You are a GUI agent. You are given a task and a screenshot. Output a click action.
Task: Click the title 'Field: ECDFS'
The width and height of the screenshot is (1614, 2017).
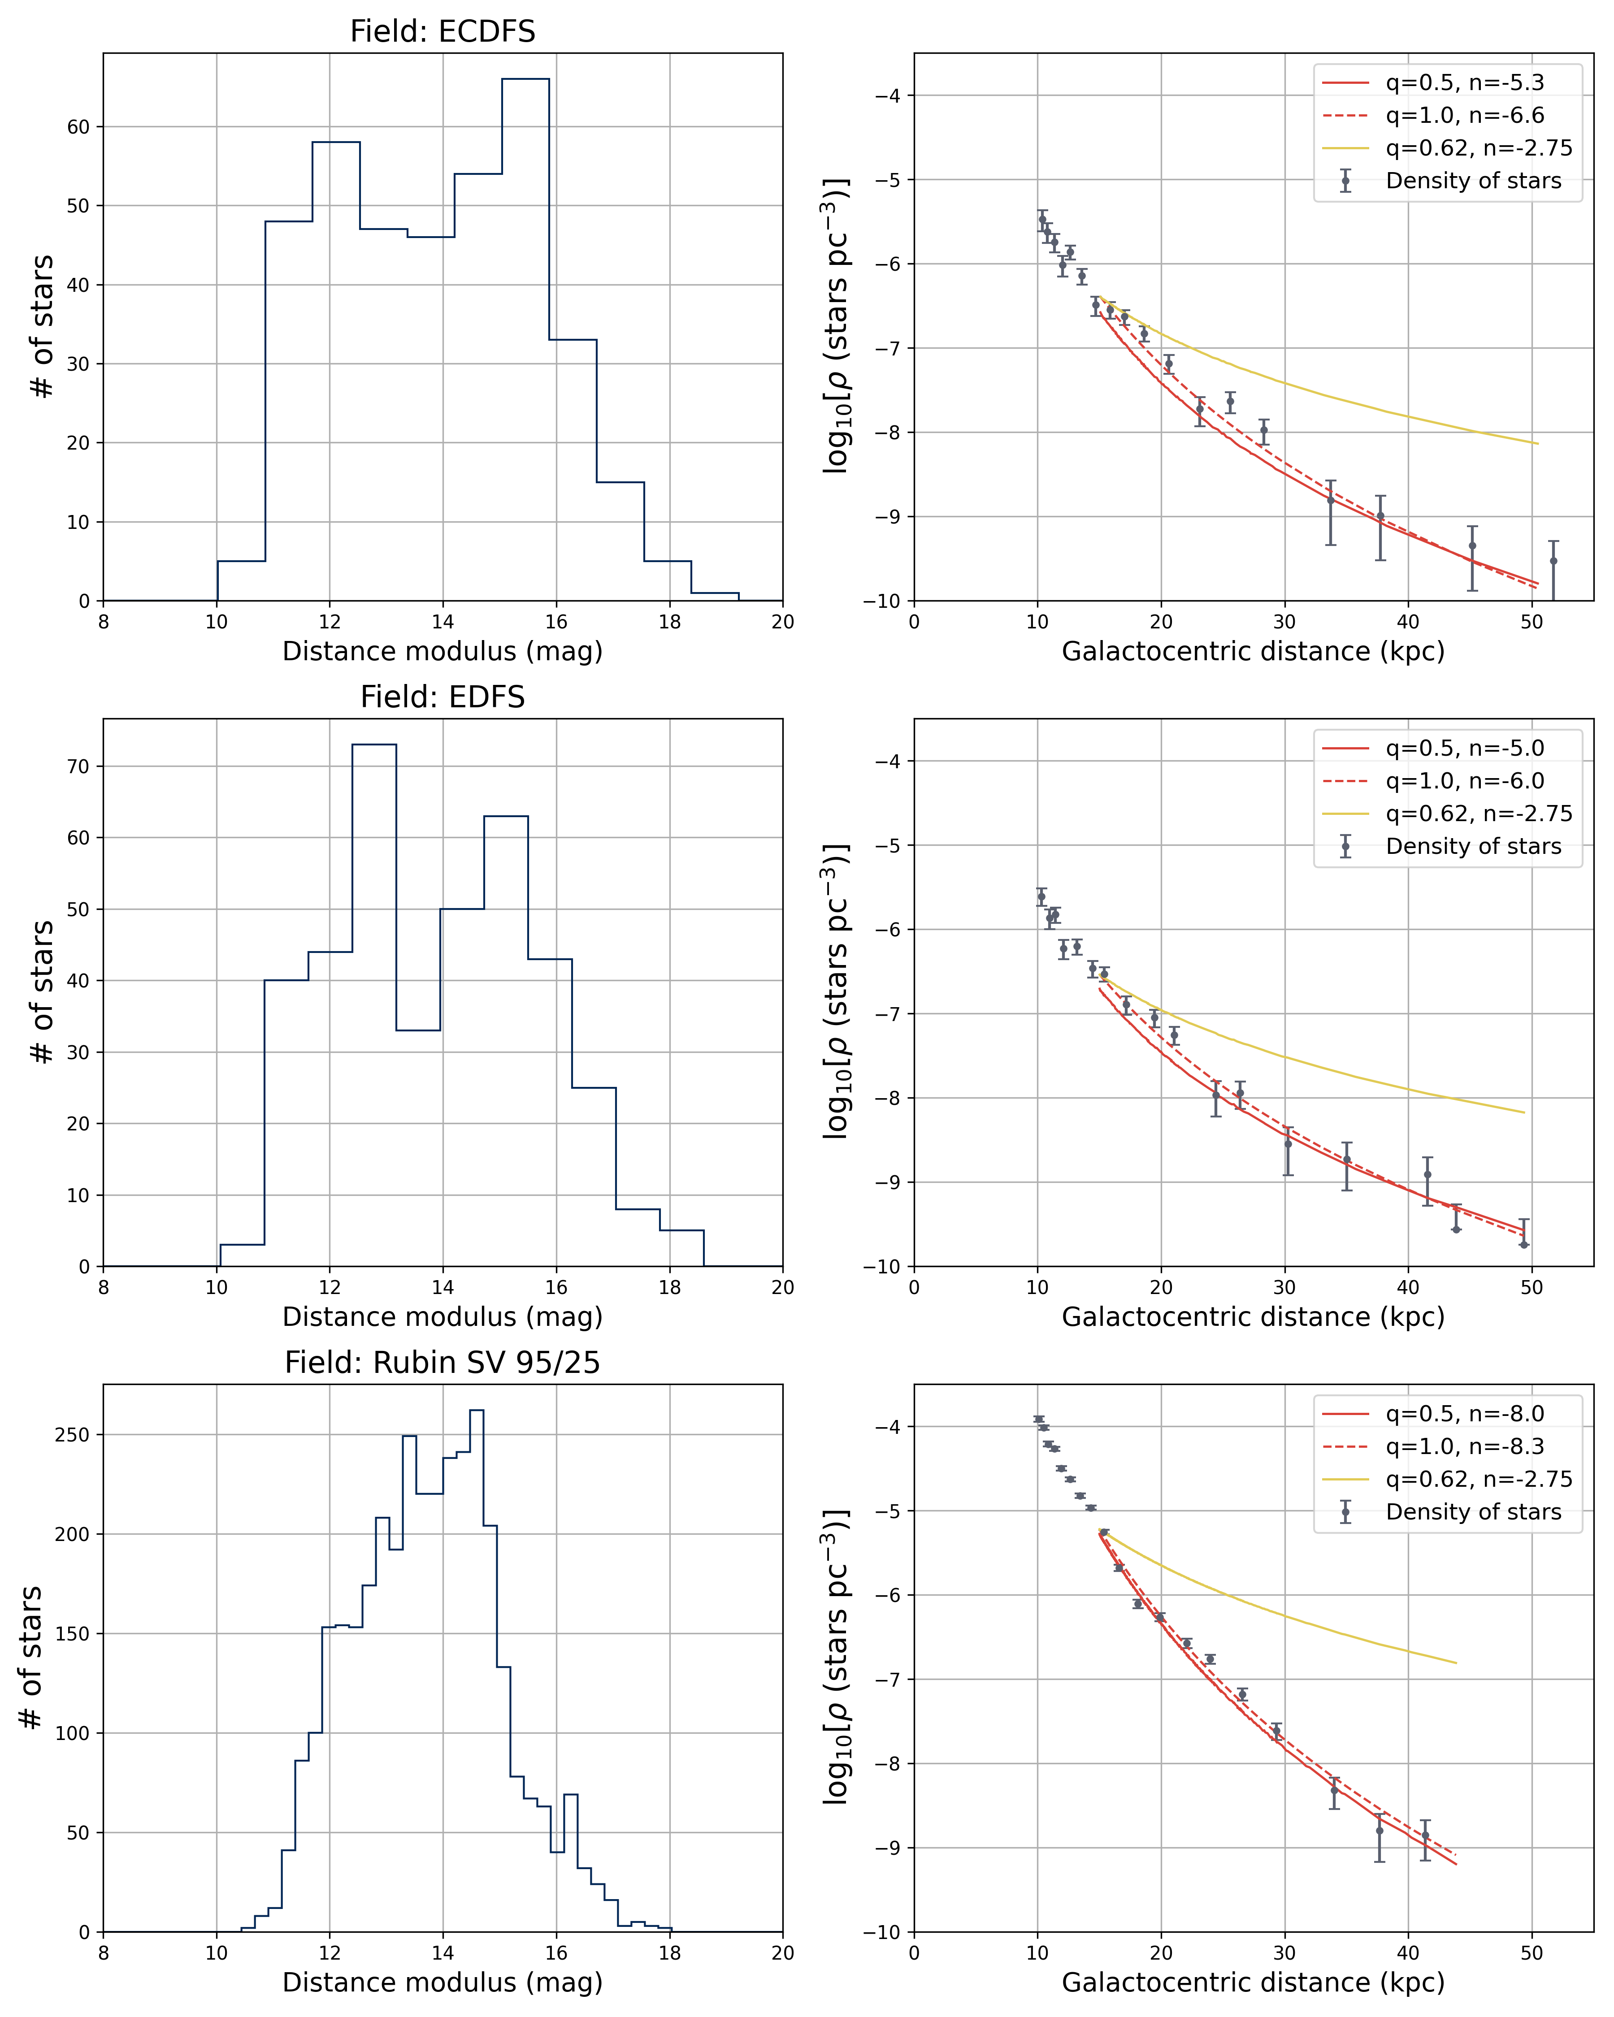443,32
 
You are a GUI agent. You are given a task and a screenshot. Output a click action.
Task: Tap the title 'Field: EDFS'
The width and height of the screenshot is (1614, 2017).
443,697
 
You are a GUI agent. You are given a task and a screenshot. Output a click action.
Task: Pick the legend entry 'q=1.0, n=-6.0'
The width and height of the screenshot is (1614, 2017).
1464,781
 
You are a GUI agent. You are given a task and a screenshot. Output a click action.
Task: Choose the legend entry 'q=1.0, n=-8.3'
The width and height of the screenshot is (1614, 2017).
1464,1446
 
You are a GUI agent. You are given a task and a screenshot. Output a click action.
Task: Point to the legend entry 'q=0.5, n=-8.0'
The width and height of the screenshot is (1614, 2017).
1464,1414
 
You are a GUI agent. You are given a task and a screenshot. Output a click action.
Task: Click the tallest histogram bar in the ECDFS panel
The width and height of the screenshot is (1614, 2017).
525,337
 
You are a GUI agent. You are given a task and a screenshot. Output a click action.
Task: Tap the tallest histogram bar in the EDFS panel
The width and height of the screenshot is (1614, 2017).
374,1001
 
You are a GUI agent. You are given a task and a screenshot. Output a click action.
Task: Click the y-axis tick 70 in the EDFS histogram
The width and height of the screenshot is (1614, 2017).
78,766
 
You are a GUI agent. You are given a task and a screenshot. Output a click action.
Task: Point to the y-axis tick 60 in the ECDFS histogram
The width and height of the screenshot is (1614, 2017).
78,127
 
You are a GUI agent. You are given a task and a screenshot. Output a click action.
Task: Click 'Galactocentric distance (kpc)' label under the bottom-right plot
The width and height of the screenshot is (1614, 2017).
1253,1982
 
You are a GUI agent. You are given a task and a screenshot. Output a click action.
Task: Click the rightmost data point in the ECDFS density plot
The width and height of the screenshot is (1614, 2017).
1553,561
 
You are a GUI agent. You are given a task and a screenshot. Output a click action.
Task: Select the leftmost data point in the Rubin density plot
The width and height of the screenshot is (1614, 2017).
1039,1419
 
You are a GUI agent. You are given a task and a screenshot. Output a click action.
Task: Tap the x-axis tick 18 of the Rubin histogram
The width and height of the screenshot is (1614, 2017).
670,1952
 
